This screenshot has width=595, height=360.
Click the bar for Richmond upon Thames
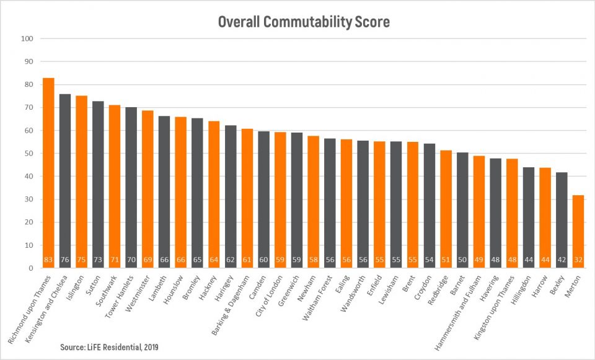pos(48,173)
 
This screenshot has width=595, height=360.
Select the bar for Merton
pos(578,232)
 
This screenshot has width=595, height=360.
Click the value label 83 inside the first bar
pos(48,260)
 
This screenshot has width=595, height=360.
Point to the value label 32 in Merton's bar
pos(578,260)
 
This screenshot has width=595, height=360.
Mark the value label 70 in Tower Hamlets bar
pos(131,260)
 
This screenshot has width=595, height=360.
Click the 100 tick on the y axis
pos(27,38)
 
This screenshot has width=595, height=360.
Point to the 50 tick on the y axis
pos(28,154)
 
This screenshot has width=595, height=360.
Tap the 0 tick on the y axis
pos(30,268)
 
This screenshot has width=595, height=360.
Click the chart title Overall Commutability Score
pos(303,22)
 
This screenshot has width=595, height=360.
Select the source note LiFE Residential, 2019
pos(109,347)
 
